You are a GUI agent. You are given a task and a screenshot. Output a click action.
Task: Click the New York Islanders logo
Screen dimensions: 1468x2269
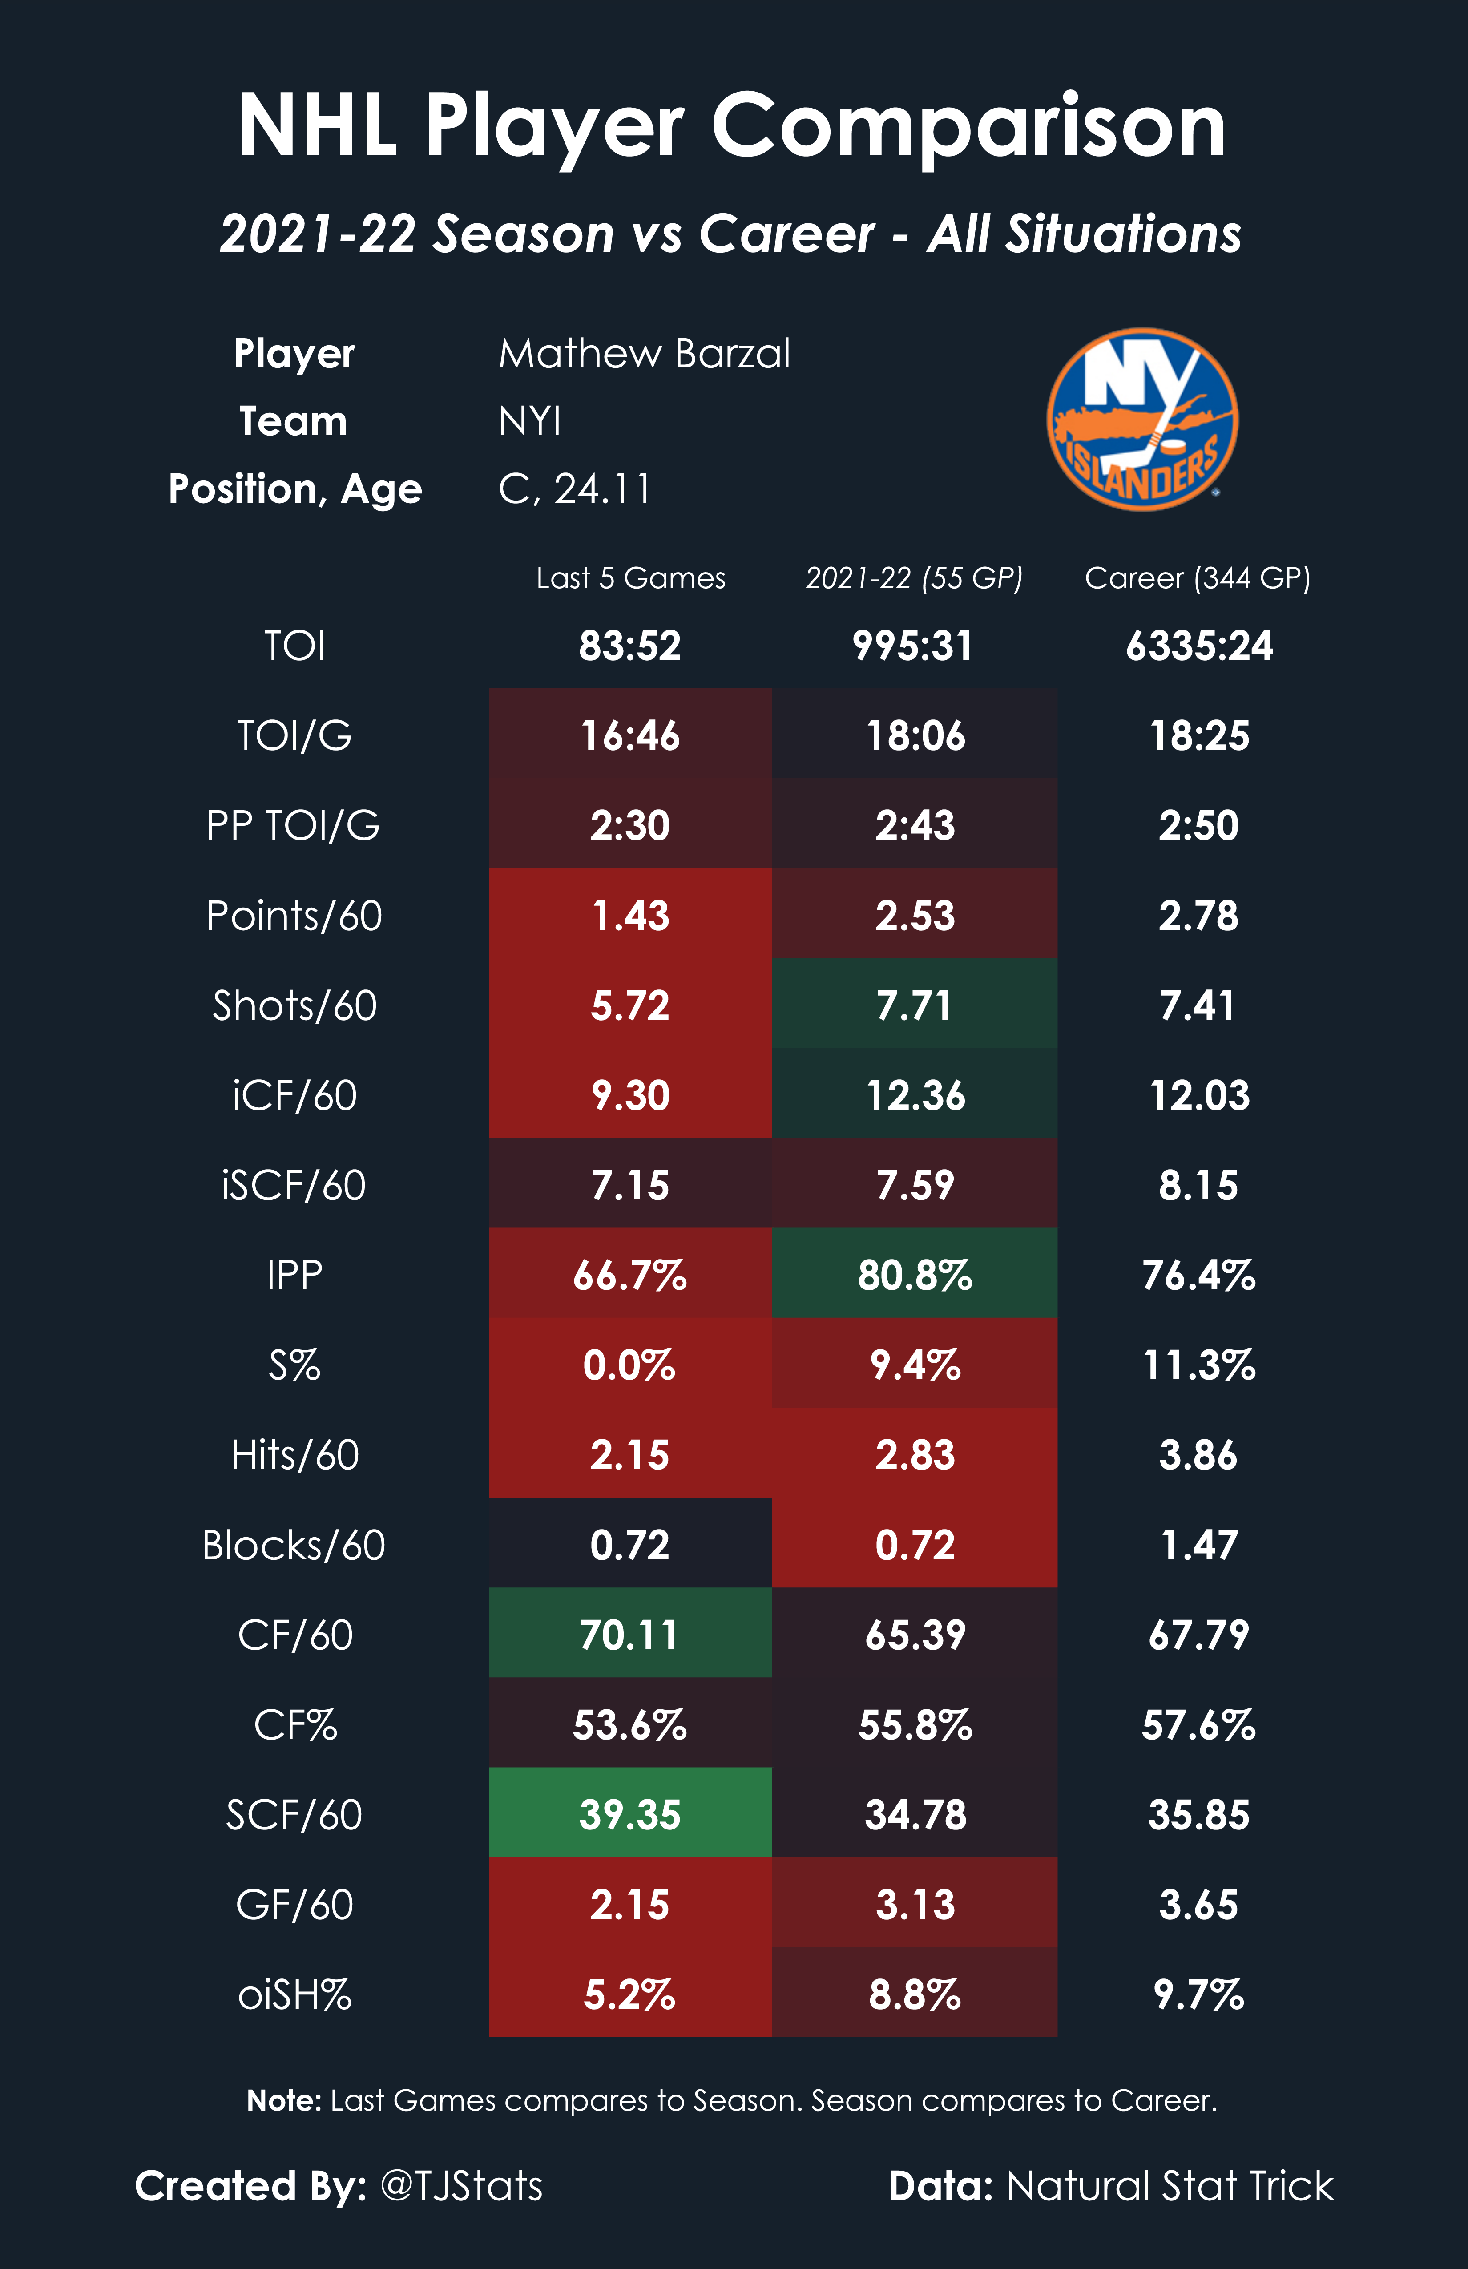(1142, 420)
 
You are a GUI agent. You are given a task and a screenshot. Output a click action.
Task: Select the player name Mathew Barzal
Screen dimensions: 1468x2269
(645, 354)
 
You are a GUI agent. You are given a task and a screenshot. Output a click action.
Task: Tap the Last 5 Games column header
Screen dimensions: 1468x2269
(631, 578)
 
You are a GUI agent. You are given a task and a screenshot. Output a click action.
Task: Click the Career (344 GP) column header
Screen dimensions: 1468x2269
(1197, 578)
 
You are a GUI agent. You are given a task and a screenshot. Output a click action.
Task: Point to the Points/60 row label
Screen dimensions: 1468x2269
(294, 915)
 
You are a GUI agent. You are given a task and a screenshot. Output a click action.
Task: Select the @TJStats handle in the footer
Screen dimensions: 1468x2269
(461, 2185)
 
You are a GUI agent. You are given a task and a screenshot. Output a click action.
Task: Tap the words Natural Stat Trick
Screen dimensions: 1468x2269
(1170, 2185)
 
